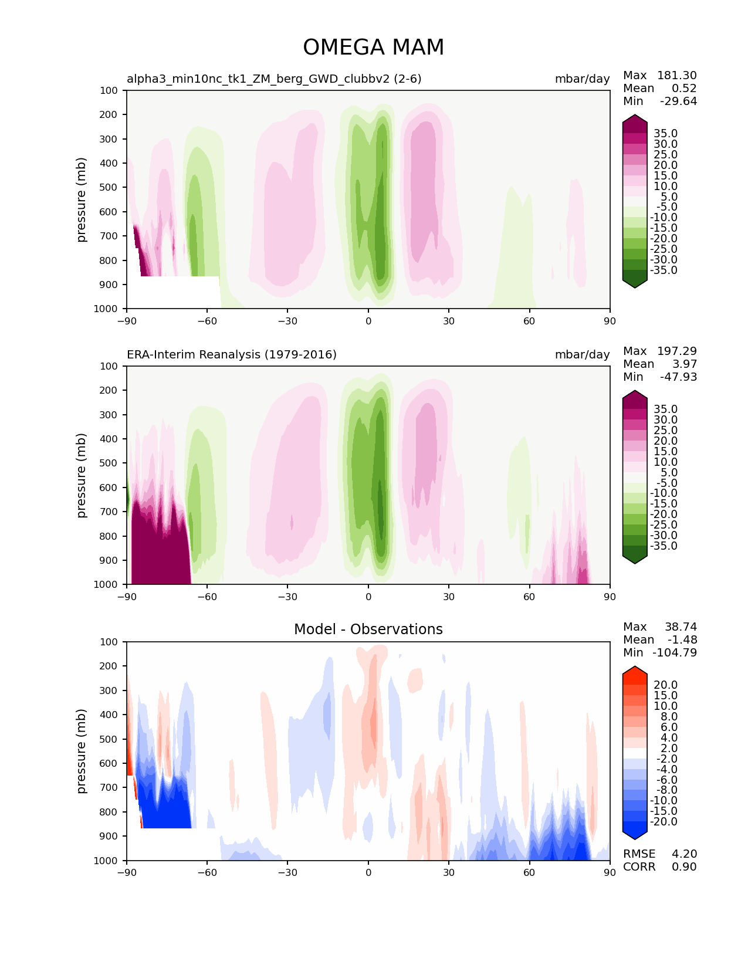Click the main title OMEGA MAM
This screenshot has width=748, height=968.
click(x=373, y=48)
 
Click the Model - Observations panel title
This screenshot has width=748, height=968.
click(x=368, y=629)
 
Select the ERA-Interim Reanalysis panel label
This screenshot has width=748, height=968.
click(x=232, y=354)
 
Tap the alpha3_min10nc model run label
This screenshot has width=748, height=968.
click(x=274, y=79)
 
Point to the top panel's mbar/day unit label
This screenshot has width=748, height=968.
click(x=582, y=79)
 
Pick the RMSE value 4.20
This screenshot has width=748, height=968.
click(x=684, y=854)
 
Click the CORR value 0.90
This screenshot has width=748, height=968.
click(x=684, y=867)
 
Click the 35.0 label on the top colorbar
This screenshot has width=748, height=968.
click(x=665, y=133)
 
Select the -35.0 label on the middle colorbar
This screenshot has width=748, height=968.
click(x=664, y=546)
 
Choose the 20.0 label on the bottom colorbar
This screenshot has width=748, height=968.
click(x=665, y=685)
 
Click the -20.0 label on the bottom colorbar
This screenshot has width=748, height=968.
click(x=664, y=821)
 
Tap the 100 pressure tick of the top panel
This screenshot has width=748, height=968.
click(x=109, y=90)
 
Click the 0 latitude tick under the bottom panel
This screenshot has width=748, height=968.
click(x=368, y=872)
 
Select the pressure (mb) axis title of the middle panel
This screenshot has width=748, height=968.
click(x=82, y=475)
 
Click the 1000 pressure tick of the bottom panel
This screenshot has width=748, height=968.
click(x=106, y=861)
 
